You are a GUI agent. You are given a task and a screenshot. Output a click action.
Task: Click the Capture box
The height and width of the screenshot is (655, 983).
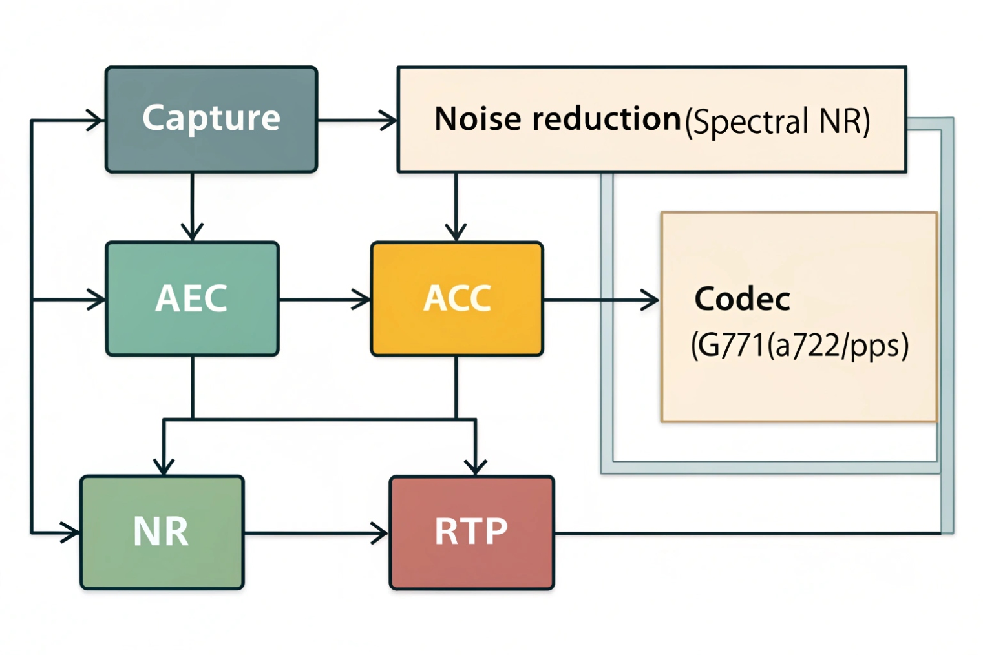(x=211, y=120)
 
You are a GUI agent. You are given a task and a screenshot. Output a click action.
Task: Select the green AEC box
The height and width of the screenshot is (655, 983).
(x=192, y=298)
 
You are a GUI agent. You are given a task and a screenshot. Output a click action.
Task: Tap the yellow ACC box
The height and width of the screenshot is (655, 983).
(x=456, y=298)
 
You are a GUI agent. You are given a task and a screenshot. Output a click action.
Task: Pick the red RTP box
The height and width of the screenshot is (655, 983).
(x=471, y=532)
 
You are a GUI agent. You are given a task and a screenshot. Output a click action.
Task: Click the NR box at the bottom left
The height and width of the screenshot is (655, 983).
(x=162, y=532)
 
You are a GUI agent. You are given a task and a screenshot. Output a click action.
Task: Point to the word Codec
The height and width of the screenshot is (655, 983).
(x=742, y=299)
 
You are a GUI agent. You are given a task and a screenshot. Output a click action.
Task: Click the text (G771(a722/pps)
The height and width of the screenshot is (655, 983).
(x=799, y=346)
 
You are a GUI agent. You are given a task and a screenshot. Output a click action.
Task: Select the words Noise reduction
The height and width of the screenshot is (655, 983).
(x=557, y=120)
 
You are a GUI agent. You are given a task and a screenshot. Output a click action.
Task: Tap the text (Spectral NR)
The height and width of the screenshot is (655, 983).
(x=777, y=121)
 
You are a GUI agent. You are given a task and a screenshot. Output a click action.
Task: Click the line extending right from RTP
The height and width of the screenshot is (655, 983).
(x=743, y=534)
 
